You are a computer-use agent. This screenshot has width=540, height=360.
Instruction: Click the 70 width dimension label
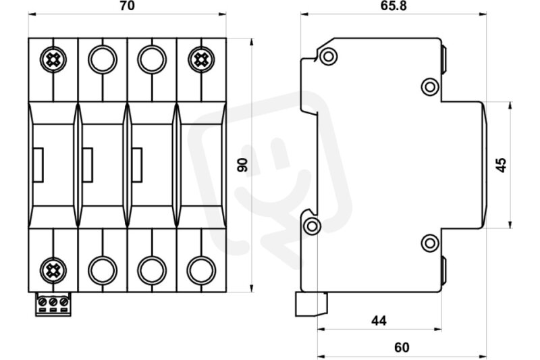(x=128, y=6)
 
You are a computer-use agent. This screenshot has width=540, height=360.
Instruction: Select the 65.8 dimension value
(x=394, y=6)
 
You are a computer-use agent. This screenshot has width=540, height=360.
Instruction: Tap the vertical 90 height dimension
(x=243, y=165)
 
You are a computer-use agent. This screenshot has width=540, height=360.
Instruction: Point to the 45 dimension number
(x=502, y=165)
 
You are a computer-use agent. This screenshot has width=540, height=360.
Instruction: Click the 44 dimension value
(x=379, y=321)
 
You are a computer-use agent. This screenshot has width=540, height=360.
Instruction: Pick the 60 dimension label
(x=402, y=347)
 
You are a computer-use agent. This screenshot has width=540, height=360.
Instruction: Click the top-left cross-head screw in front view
(x=53, y=59)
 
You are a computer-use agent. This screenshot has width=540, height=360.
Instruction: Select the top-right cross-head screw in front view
(x=201, y=59)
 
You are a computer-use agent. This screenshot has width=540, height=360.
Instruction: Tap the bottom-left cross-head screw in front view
(x=53, y=270)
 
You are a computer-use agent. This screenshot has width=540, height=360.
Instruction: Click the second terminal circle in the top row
(x=103, y=59)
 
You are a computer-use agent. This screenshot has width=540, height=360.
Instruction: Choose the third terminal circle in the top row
(x=152, y=59)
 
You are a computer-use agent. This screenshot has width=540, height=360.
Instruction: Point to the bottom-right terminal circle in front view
(x=201, y=270)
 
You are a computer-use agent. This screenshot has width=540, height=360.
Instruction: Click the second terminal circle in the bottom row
(x=103, y=270)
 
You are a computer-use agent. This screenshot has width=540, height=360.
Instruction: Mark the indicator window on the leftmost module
(x=38, y=165)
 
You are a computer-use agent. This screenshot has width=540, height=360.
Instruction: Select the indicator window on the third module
(x=137, y=165)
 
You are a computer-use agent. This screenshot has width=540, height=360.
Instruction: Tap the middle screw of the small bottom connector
(x=53, y=302)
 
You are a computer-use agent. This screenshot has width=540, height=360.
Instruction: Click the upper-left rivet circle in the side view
(x=329, y=56)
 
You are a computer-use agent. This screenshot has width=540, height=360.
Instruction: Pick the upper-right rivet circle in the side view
(x=430, y=87)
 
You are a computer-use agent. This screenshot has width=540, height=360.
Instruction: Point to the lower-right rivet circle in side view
(x=430, y=243)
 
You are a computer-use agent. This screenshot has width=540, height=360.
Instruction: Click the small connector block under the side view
(x=311, y=304)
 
